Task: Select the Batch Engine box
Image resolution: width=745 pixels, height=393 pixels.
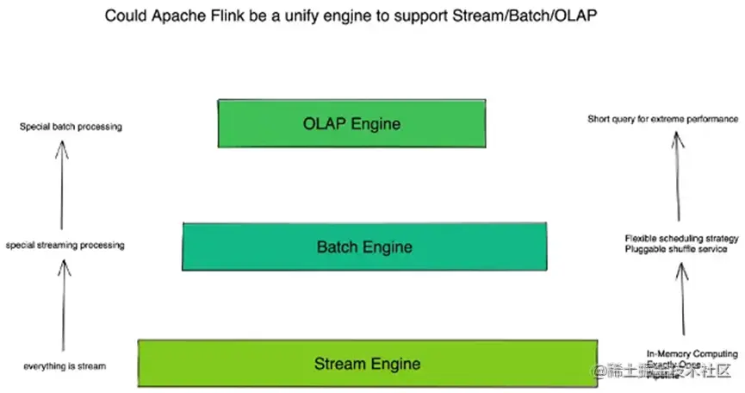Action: (x=364, y=246)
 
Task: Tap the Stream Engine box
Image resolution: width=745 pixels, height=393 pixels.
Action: (x=367, y=363)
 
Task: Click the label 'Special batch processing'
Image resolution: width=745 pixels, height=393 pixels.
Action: (x=71, y=128)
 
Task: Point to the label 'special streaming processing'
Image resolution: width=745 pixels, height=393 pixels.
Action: (x=65, y=246)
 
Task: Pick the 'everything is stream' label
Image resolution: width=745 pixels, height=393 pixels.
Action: (x=65, y=366)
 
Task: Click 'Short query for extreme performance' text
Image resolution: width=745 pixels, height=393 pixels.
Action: (x=662, y=119)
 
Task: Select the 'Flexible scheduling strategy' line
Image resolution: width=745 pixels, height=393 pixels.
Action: (x=681, y=238)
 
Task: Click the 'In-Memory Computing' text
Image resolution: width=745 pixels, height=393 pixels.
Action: (x=692, y=354)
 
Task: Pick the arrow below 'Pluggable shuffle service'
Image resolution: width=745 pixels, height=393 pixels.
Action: (x=682, y=297)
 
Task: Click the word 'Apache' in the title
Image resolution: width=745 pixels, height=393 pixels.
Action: (x=177, y=16)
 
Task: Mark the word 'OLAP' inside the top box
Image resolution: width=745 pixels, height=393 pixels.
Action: (x=323, y=122)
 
